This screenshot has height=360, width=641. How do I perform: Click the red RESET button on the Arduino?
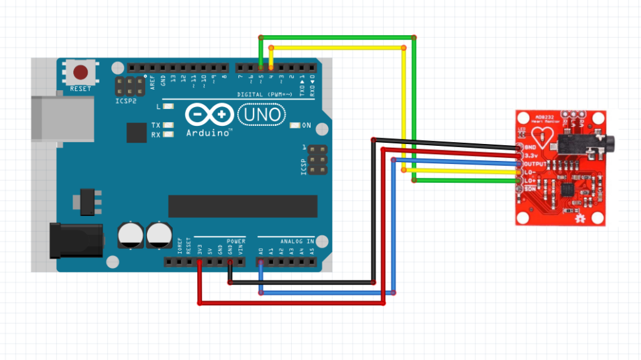tap(80, 72)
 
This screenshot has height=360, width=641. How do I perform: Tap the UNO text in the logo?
tap(261, 115)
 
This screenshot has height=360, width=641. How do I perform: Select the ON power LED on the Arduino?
tap(295, 125)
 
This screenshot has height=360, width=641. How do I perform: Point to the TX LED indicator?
tap(167, 125)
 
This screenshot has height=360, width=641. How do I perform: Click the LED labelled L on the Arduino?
tap(167, 107)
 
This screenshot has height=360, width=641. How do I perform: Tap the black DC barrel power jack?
tap(75, 240)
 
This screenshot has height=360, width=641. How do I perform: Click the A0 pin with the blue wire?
tap(260, 261)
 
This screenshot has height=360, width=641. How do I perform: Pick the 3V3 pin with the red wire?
tap(200, 261)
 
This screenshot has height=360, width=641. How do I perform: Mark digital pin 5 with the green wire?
tap(260, 67)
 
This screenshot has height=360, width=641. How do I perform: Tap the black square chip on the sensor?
tap(568, 188)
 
